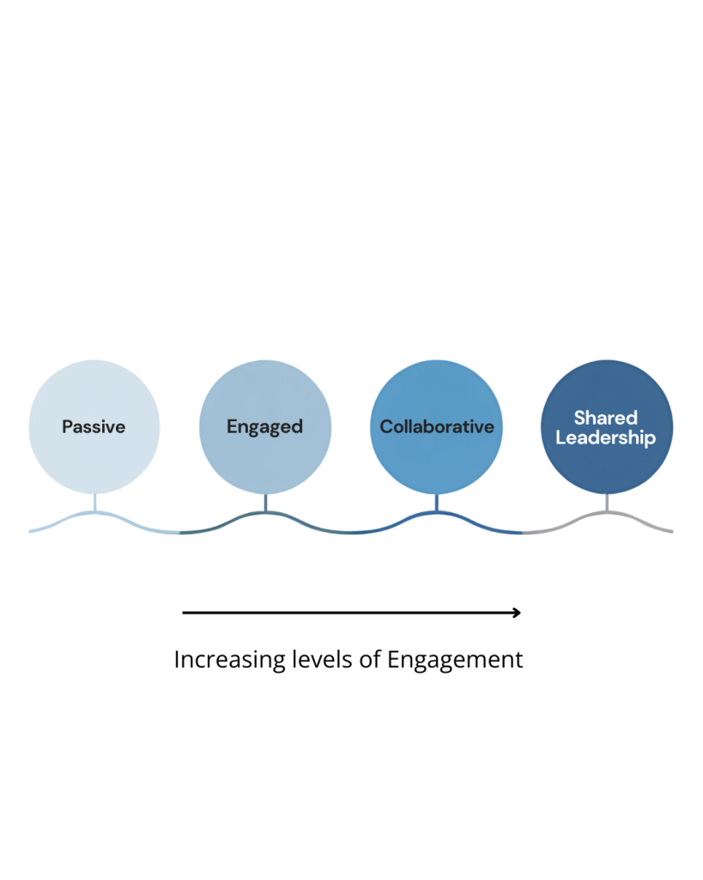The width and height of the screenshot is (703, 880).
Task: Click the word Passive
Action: tap(94, 426)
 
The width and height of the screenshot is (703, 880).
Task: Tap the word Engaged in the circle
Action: tap(264, 426)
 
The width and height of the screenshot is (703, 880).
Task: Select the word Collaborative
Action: tap(437, 426)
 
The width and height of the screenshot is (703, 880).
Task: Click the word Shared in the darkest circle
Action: tap(606, 418)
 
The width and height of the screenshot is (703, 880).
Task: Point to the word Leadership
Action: tap(606, 437)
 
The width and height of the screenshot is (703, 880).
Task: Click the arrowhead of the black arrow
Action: tap(516, 613)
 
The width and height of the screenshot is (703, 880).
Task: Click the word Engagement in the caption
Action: tap(455, 660)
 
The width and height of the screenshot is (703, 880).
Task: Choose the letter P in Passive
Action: tap(67, 426)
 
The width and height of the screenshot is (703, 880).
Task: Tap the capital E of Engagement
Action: tap(393, 659)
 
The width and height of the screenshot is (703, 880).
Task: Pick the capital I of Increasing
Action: tap(177, 659)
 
